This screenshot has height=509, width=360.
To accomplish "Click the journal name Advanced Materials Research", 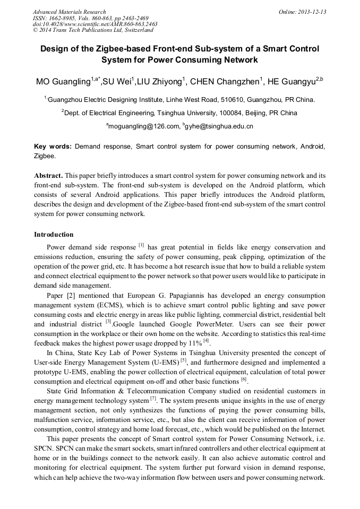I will click(69, 12).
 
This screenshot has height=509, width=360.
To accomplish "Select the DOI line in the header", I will click(95, 24).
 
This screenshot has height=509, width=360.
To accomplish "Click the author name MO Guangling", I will click(63, 82).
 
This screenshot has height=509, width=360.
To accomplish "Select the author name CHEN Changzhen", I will click(223, 82).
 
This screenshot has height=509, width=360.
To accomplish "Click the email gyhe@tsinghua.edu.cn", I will click(219, 126).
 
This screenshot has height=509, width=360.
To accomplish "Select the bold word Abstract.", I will click(48, 175).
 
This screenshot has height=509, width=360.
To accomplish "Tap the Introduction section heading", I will click(54, 234).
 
